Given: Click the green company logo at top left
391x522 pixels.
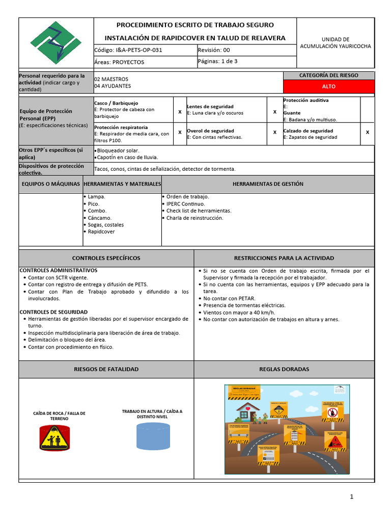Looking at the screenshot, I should (56, 43).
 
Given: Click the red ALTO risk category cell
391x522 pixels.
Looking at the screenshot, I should (328, 87).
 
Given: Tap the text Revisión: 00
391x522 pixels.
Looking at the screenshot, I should (214, 50).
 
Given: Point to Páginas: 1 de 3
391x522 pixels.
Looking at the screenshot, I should (217, 62).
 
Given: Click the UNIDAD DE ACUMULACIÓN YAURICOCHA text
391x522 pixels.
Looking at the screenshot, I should (335, 43).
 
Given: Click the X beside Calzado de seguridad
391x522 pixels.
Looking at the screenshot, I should (368, 132).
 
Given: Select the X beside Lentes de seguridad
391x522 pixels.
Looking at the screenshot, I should (275, 111).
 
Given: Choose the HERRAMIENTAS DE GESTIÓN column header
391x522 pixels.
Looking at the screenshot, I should (268, 184).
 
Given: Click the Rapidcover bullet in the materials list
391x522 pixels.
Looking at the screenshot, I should (101, 232).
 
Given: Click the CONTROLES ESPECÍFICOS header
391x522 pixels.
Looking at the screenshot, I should (106, 258).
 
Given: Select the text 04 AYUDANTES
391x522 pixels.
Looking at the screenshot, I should (112, 87).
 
